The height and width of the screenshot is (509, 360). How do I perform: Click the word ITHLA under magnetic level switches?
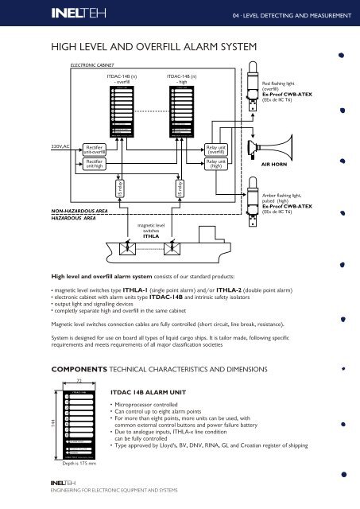tap(152, 236)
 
